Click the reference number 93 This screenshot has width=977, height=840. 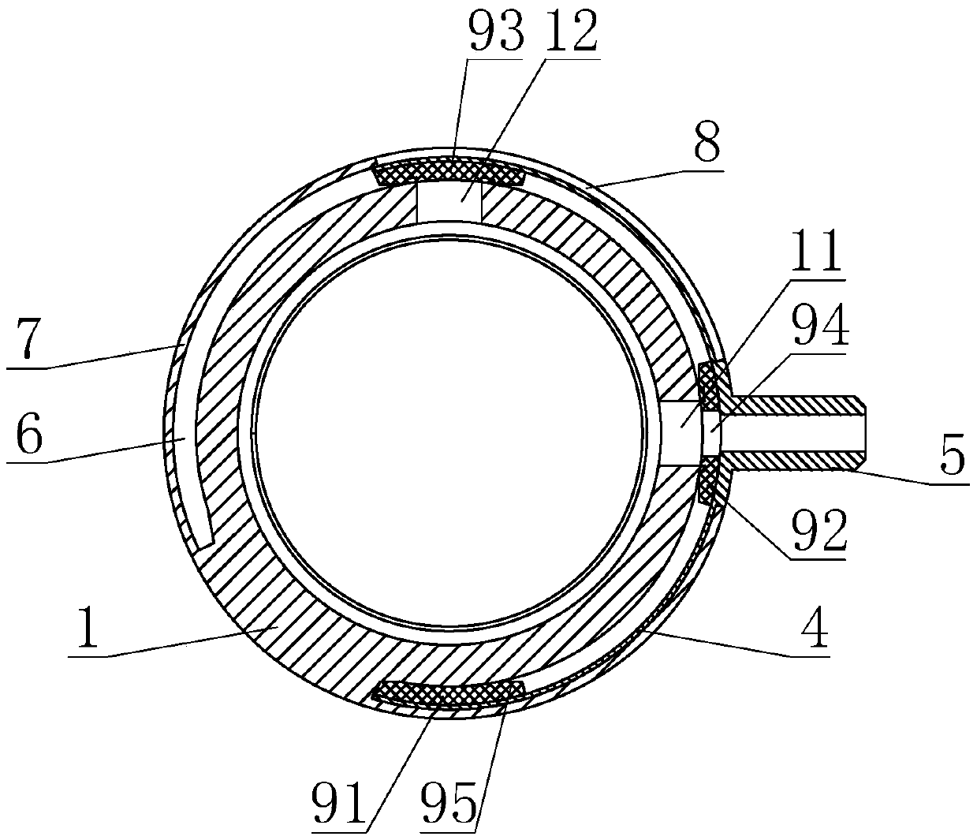click(496, 31)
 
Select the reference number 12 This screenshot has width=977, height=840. click(570, 31)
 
